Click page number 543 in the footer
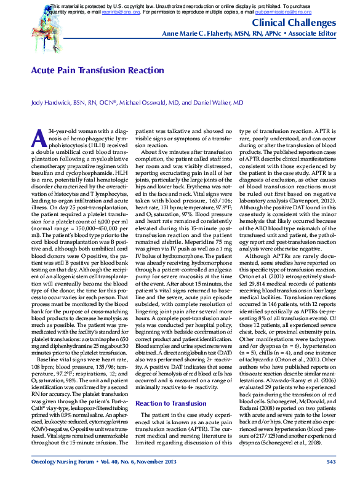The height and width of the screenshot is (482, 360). pyautogui.click(x=330, y=461)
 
